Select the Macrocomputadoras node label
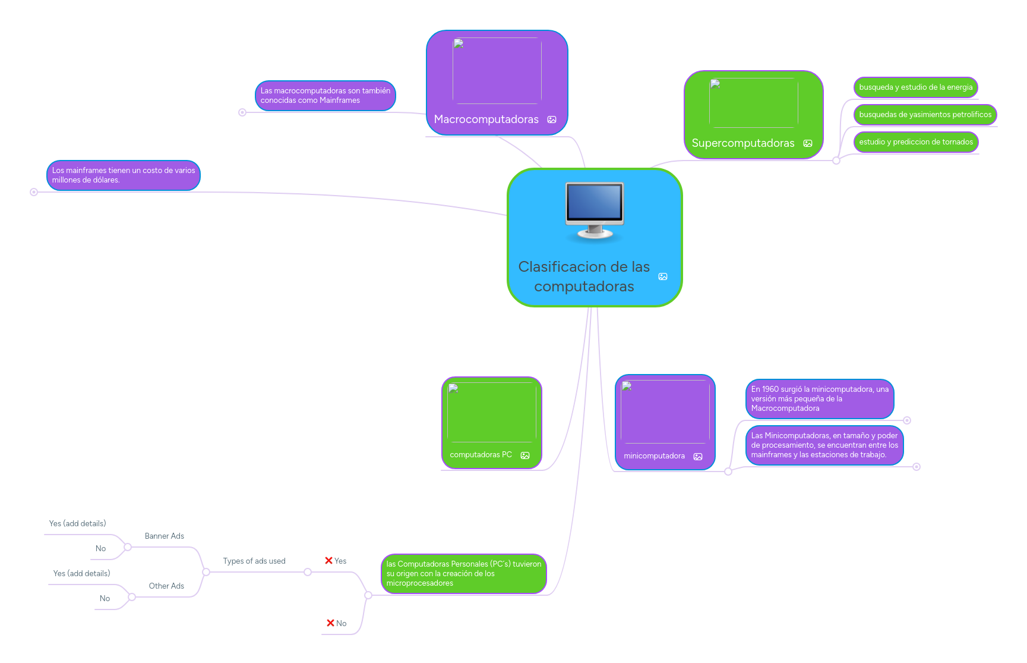click(x=486, y=120)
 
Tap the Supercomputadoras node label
click(x=742, y=143)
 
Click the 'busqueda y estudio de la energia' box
click(x=915, y=87)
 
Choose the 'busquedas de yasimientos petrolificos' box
click(x=925, y=115)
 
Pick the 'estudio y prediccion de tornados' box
click(x=915, y=142)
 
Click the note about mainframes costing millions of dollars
click(x=124, y=175)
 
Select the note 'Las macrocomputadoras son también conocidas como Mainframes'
click(x=325, y=96)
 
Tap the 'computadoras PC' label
click(x=481, y=455)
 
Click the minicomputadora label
click(x=654, y=456)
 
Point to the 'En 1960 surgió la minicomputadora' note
click(x=820, y=399)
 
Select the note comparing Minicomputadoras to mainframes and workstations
click(x=824, y=445)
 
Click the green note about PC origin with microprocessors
click(x=463, y=574)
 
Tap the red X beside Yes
click(x=328, y=561)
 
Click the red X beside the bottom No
click(x=330, y=623)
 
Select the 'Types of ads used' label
click(x=254, y=561)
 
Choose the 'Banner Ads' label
click(x=165, y=536)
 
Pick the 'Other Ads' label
click(x=166, y=586)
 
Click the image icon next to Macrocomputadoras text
click(x=552, y=120)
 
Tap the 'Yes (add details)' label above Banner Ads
click(x=77, y=524)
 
